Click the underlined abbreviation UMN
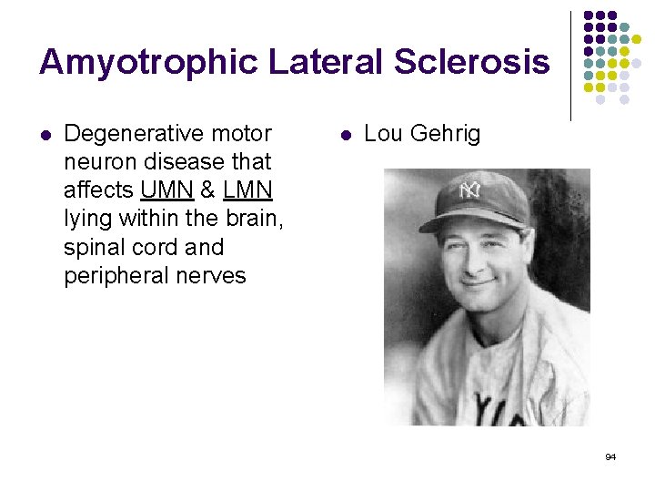[x=166, y=190]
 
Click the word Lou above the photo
[x=382, y=135]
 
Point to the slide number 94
[x=610, y=456]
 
